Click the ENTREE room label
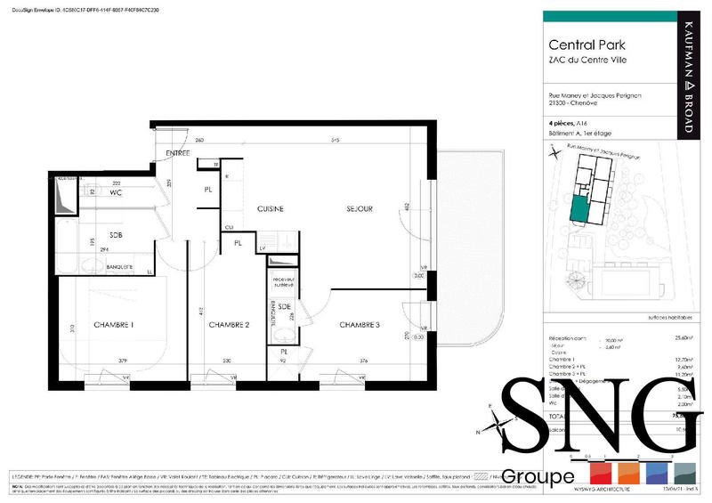(178, 154)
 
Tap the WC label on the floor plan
(116, 192)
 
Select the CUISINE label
(271, 208)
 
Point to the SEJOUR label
(360, 208)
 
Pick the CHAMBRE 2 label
(229, 325)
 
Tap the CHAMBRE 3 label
(360, 325)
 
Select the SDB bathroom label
(116, 236)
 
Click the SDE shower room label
(284, 306)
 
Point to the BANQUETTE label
(119, 267)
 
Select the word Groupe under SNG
(538, 477)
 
